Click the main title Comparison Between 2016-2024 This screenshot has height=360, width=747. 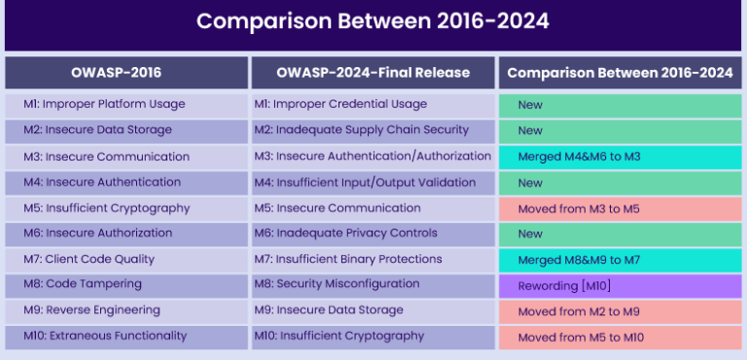(x=373, y=21)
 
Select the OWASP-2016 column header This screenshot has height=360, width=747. (x=125, y=73)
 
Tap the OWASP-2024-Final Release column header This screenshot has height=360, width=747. (x=373, y=73)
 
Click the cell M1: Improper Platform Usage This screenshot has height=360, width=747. (x=125, y=104)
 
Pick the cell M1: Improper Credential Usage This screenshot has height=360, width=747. (x=373, y=104)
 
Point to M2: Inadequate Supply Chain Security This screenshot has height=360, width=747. (x=373, y=130)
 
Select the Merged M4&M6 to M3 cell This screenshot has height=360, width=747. (x=620, y=156)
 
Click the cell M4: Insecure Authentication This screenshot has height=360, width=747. (x=125, y=182)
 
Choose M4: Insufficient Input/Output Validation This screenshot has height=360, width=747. (x=373, y=182)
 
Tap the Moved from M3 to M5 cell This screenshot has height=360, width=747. (x=620, y=208)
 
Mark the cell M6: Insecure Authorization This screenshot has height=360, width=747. (x=125, y=234)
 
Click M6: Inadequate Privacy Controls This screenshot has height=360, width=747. (x=373, y=234)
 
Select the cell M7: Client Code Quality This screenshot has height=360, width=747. (x=125, y=259)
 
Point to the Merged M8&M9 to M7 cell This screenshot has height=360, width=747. (x=620, y=259)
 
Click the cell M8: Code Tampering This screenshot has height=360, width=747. (x=125, y=284)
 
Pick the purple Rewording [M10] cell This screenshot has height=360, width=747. (x=620, y=285)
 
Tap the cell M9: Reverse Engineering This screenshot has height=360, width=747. (x=125, y=310)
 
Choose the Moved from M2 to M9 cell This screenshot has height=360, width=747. (x=620, y=310)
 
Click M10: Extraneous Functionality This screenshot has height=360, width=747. (x=125, y=336)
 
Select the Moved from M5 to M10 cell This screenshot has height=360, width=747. (x=620, y=337)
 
